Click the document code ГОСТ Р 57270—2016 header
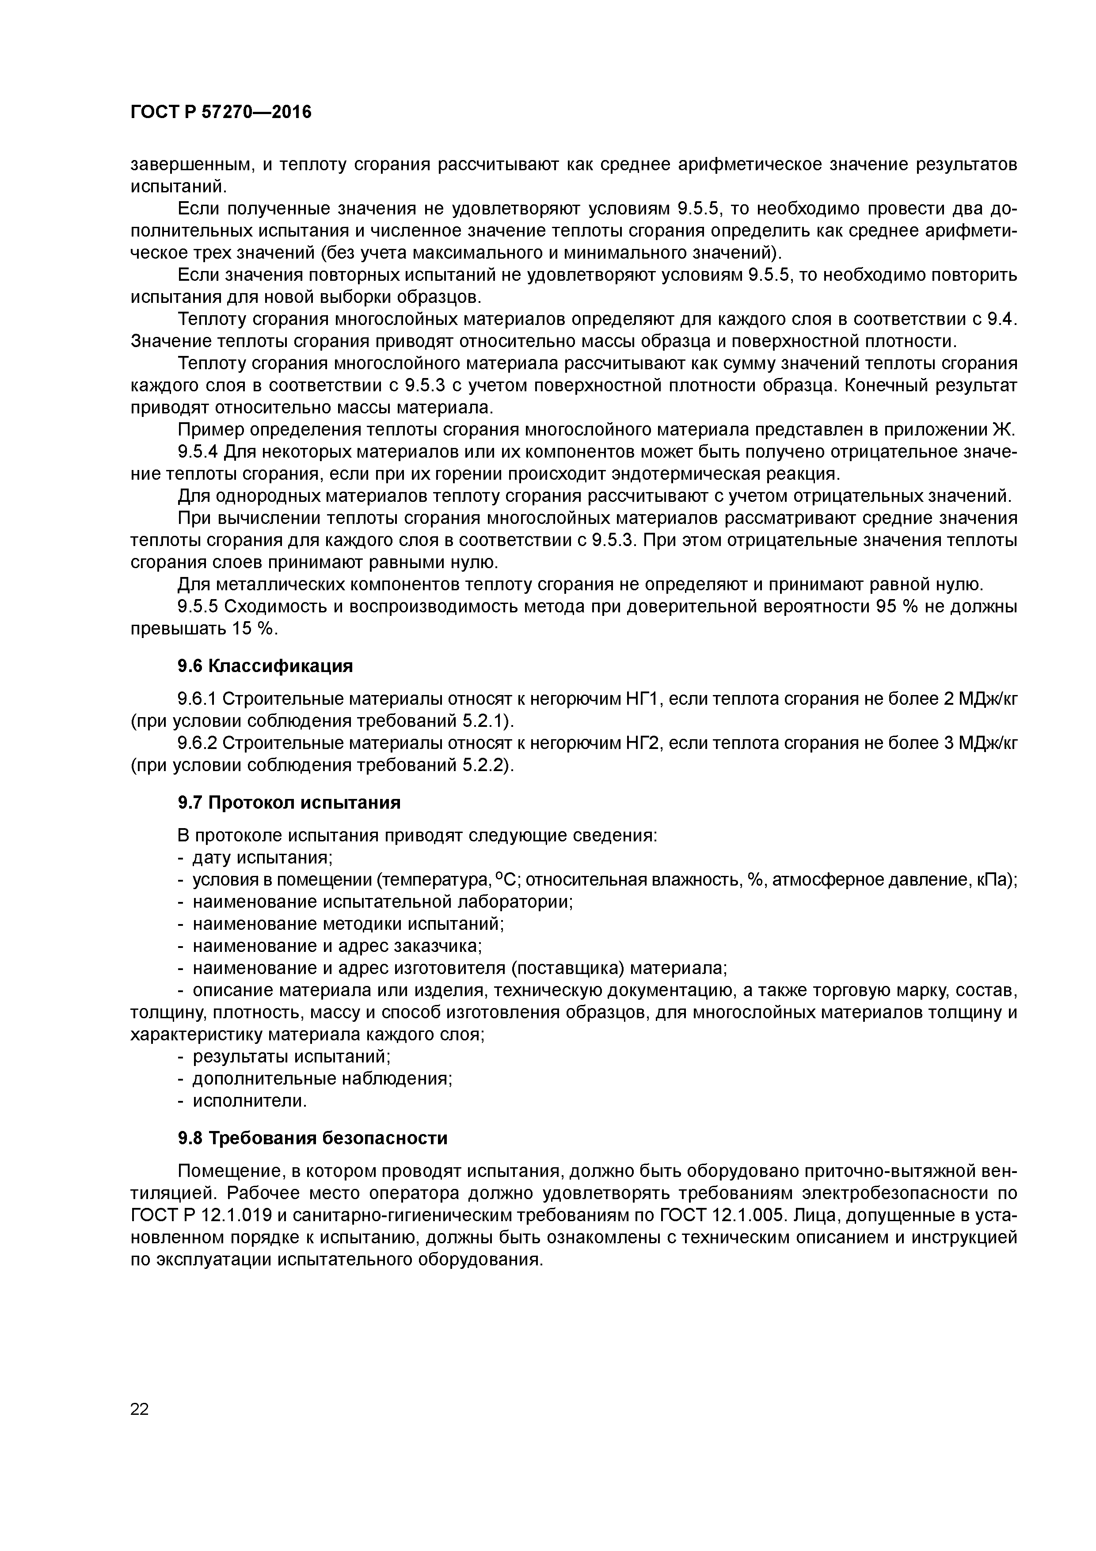pos(221,112)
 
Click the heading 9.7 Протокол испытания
pos(289,802)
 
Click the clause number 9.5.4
pos(198,452)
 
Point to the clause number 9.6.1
pos(198,699)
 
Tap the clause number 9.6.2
pos(198,743)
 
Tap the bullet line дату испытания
pos(263,858)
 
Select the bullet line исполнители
pos(250,1101)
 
